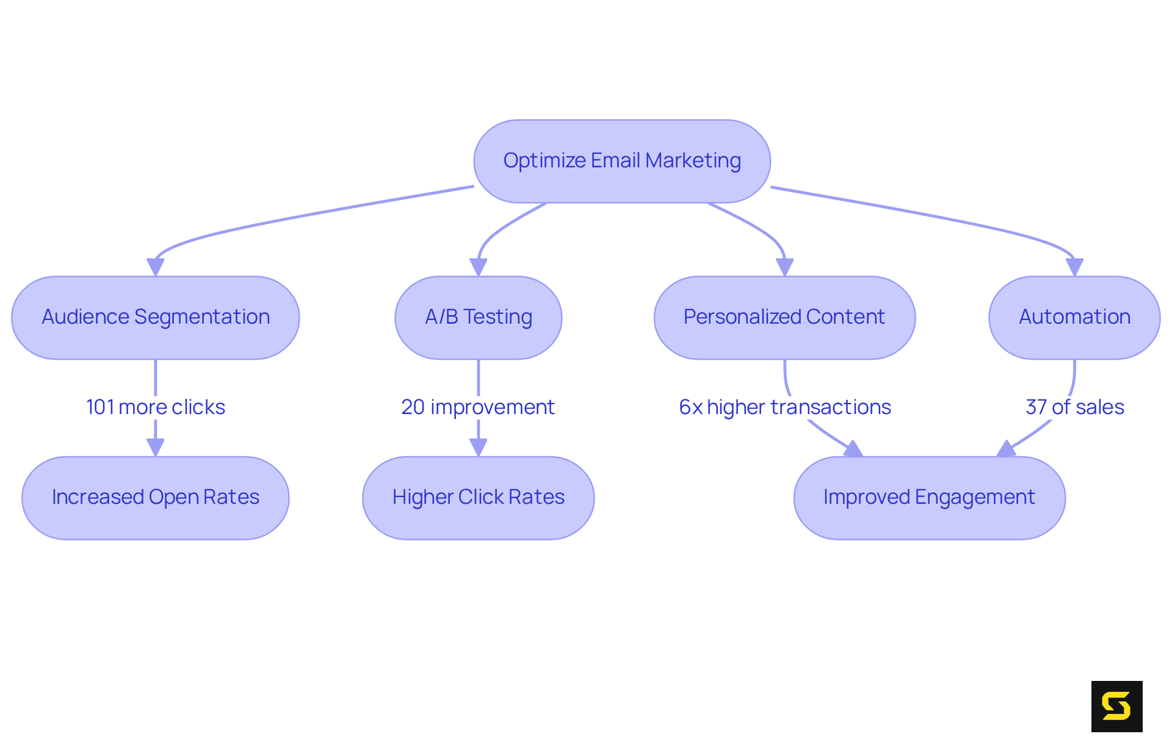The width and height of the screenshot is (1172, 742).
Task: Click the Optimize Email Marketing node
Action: click(621, 161)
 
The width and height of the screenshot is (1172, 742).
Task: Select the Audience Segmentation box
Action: click(155, 318)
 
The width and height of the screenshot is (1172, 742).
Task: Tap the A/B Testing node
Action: click(478, 318)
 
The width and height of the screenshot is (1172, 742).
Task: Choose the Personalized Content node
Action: click(784, 318)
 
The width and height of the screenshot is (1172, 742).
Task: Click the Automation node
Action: click(1074, 318)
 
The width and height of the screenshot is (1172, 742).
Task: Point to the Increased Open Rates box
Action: click(155, 498)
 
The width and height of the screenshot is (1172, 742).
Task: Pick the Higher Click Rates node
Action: click(478, 498)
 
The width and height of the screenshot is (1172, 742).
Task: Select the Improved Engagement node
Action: click(928, 498)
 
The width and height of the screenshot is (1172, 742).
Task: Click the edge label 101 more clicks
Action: click(155, 407)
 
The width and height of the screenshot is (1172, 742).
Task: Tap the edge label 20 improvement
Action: click(477, 407)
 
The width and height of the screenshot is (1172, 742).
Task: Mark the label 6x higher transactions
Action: click(784, 407)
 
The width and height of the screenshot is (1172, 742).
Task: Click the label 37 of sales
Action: click(1074, 407)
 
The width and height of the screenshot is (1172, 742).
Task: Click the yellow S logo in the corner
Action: click(1116, 706)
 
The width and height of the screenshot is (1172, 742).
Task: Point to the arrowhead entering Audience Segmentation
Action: click(155, 267)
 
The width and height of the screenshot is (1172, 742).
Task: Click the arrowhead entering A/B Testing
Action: click(478, 267)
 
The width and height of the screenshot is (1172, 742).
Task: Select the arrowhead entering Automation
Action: click(1074, 267)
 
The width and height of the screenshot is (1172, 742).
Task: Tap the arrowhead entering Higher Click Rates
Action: click(478, 447)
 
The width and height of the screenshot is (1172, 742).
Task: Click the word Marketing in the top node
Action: click(693, 161)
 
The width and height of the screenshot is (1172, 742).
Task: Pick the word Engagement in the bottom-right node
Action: click(975, 498)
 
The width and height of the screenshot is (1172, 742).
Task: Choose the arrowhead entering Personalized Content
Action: click(784, 267)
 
